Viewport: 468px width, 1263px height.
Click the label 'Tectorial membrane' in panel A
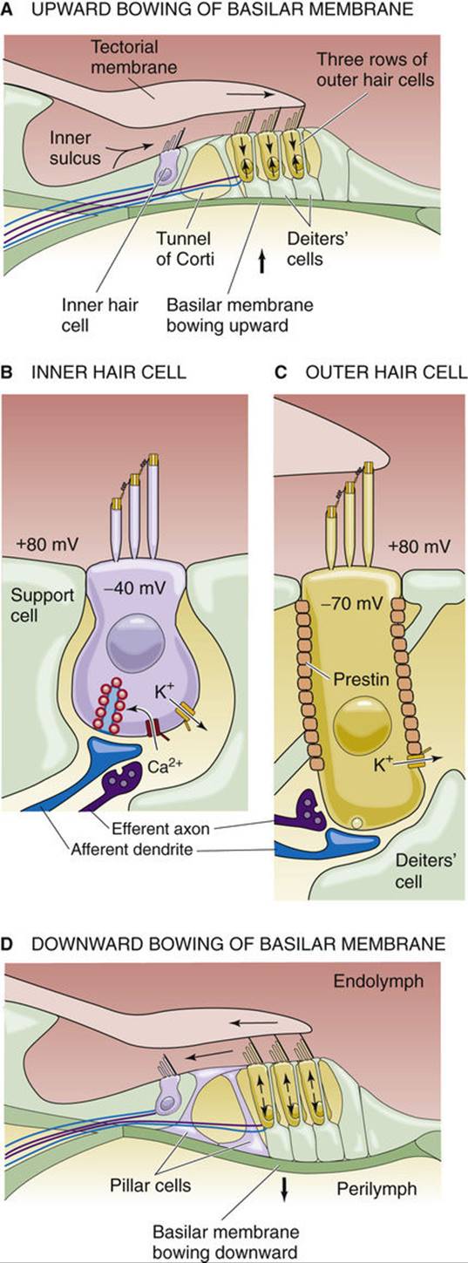click(x=134, y=57)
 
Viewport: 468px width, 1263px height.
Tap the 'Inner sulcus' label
click(x=75, y=147)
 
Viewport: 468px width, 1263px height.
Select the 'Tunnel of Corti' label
click(x=185, y=248)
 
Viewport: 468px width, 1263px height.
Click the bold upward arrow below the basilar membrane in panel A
click(x=261, y=262)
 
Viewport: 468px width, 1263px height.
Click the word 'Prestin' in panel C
click(x=361, y=678)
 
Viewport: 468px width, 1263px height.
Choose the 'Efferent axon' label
click(x=160, y=828)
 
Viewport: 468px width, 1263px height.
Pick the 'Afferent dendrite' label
click(x=132, y=849)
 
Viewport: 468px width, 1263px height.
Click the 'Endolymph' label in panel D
click(x=377, y=981)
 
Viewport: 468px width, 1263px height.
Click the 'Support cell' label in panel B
click(x=43, y=604)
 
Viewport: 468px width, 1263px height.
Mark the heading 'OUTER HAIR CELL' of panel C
click(x=387, y=372)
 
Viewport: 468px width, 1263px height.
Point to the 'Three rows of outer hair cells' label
click(x=375, y=70)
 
